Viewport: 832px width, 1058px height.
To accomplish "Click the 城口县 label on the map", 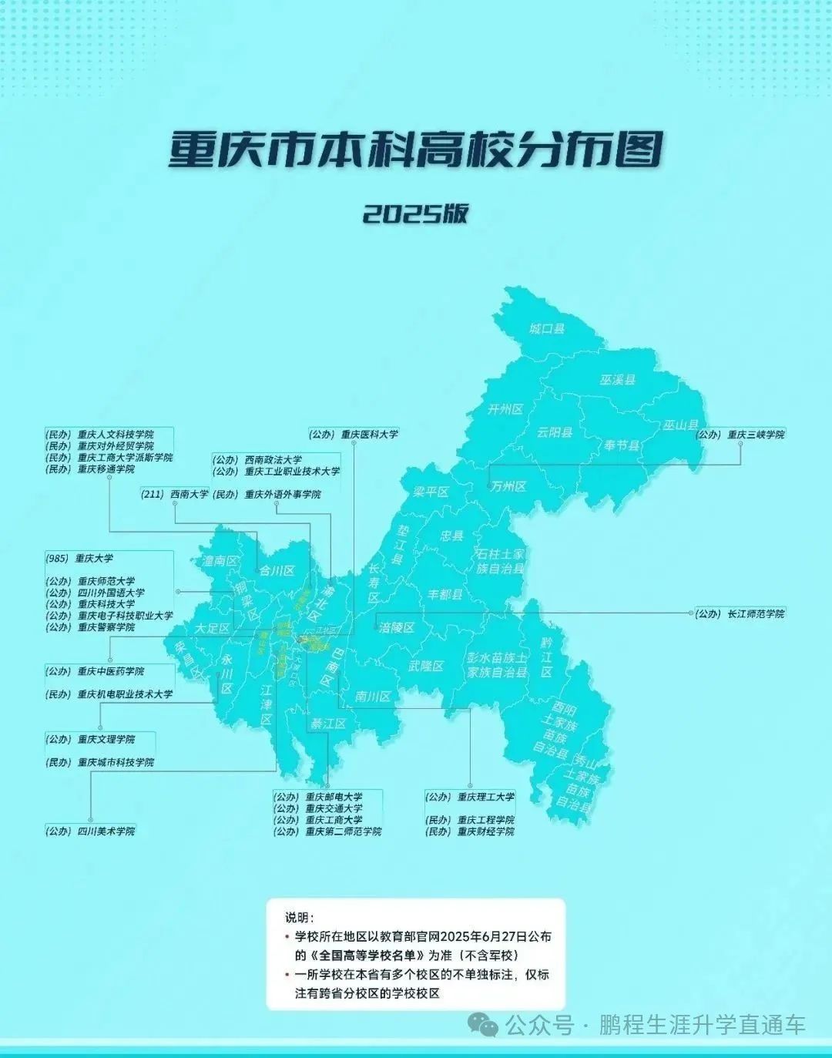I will tap(547, 329).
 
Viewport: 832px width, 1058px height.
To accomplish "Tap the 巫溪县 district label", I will tap(618, 380).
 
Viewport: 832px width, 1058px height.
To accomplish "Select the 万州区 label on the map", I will tap(508, 486).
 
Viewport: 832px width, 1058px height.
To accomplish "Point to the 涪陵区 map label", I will tap(397, 627).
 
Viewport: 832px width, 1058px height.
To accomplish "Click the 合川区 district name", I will tap(277, 571).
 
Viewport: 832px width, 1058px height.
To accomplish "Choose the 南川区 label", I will tap(373, 697).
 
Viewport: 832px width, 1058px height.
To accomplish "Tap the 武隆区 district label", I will tap(426, 666).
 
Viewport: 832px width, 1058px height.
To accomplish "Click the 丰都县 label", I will tap(445, 594).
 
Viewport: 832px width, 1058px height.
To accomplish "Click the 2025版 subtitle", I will tap(415, 213).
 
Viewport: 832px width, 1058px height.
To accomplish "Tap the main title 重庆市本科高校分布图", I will tap(415, 150).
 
